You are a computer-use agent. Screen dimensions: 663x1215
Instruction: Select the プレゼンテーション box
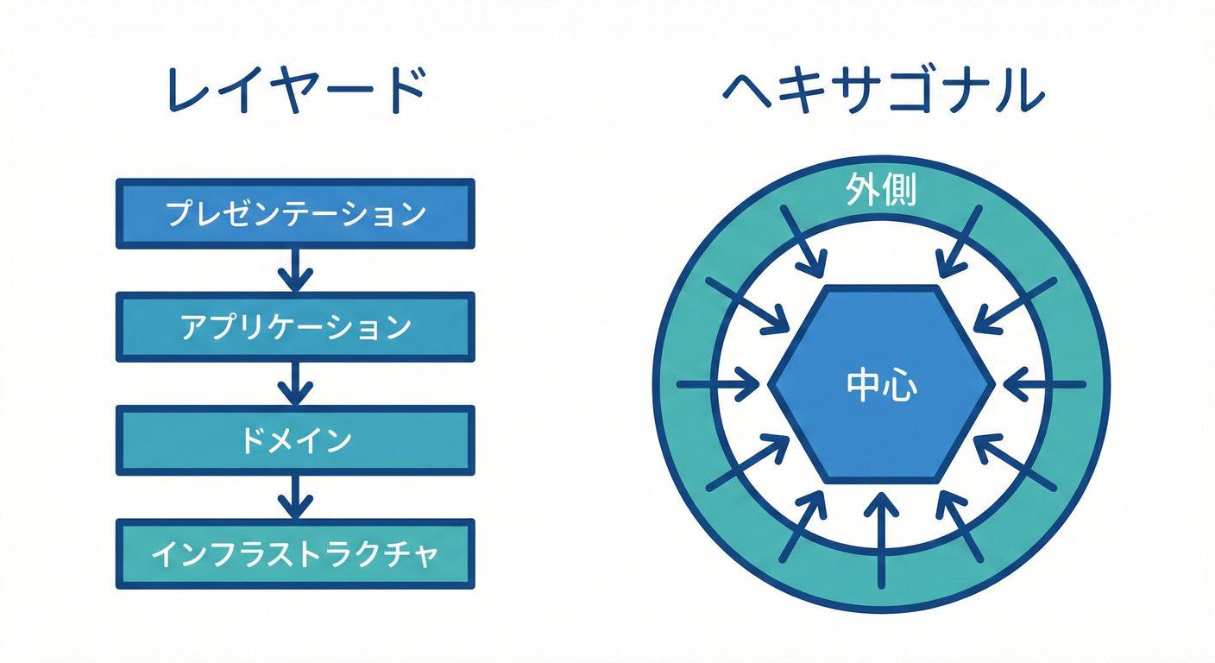pos(295,213)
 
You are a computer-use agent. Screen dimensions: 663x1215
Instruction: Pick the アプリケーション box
pos(295,327)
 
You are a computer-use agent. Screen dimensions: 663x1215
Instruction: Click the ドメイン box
pos(295,440)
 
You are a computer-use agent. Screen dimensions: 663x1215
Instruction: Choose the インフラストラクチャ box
pos(295,553)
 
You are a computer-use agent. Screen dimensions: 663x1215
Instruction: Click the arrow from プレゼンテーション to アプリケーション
pos(295,269)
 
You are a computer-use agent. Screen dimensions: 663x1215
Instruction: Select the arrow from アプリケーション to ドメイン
pos(295,382)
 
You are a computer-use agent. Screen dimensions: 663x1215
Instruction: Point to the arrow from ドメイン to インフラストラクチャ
pos(295,496)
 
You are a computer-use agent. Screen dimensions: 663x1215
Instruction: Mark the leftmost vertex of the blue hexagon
pos(770,383)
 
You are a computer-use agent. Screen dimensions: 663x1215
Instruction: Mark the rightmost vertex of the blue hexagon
pos(994,383)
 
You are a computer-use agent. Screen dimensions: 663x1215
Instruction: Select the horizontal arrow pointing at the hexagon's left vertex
pos(721,383)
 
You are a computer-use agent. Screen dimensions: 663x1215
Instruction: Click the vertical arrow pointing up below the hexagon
pos(881,540)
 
